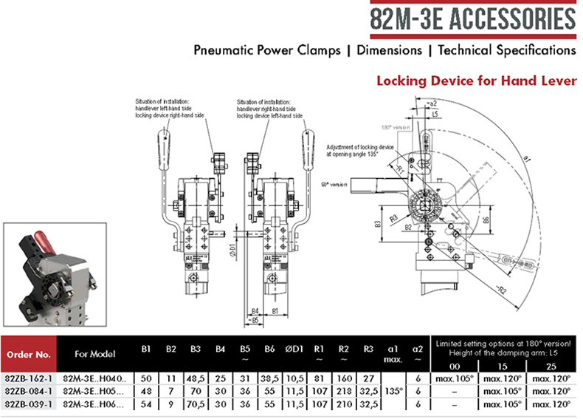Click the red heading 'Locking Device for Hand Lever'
click(x=476, y=81)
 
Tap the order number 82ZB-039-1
click(x=28, y=405)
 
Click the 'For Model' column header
click(x=96, y=353)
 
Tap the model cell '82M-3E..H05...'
click(x=96, y=392)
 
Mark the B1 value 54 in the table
click(x=147, y=405)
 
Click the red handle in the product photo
click(x=46, y=240)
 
